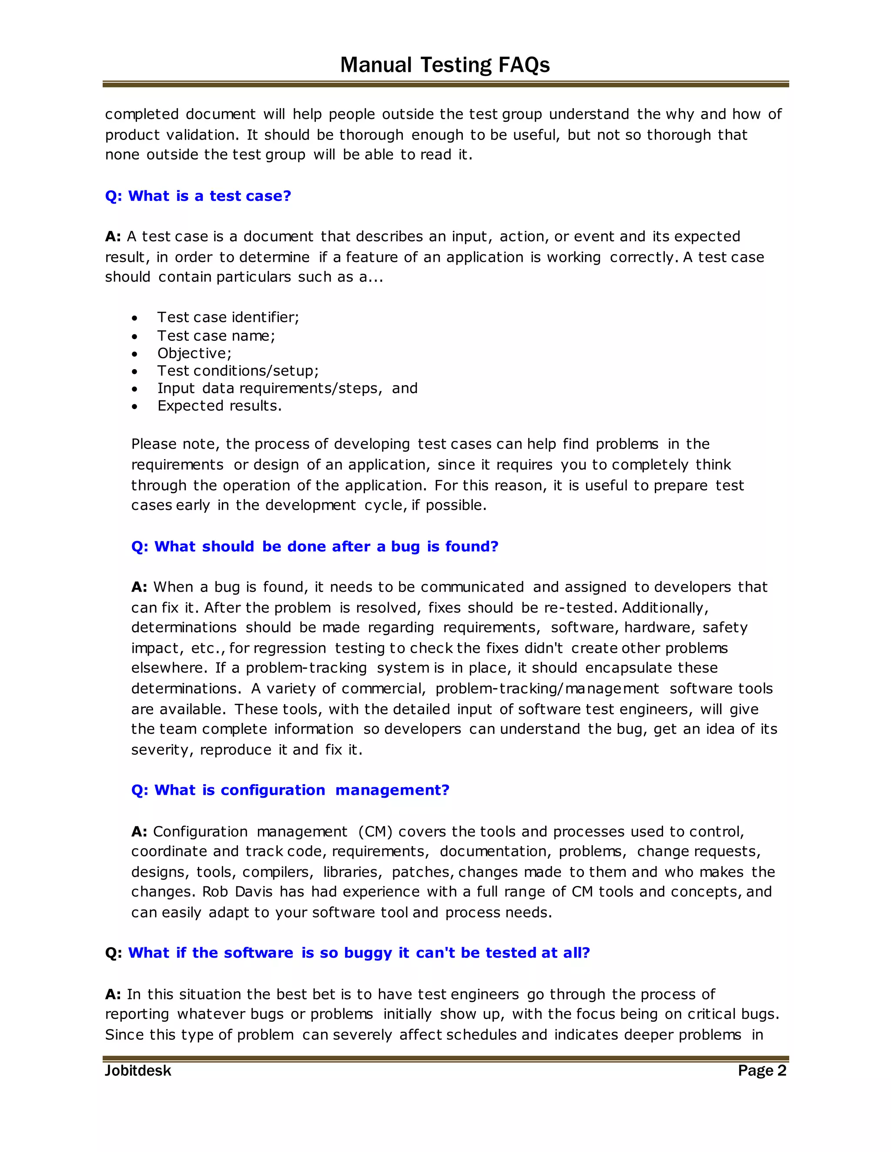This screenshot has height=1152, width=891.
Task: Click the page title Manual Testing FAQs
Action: [x=445, y=65]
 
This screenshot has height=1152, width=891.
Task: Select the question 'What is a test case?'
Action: [x=198, y=196]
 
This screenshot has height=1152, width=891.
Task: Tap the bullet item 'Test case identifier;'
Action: [x=228, y=317]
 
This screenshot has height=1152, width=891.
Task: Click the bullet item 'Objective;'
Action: [x=194, y=353]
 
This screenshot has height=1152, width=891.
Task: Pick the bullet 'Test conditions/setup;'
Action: [x=238, y=370]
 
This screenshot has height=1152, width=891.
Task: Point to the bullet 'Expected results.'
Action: [x=220, y=406]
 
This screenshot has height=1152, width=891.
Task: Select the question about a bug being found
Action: [x=315, y=546]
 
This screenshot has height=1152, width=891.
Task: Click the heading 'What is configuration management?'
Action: [x=290, y=790]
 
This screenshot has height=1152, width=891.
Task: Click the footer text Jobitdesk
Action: [x=138, y=1071]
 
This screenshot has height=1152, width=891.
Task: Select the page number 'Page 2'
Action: [x=762, y=1070]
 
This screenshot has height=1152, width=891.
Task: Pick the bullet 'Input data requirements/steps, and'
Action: [x=287, y=388]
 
